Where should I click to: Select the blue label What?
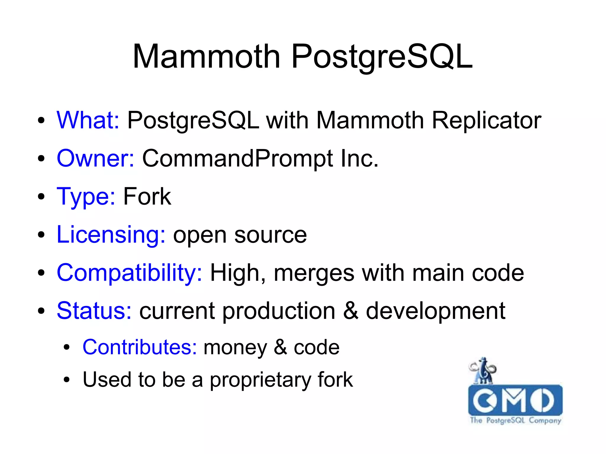(x=88, y=120)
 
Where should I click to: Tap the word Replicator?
(x=486, y=120)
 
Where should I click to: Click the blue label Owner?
(x=95, y=158)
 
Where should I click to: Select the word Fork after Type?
(x=147, y=196)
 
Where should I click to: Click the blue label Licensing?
(x=111, y=235)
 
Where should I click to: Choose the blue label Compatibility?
(x=129, y=273)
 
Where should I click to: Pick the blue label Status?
(x=94, y=311)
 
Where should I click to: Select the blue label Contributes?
(x=139, y=347)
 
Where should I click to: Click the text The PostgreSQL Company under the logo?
(x=515, y=420)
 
